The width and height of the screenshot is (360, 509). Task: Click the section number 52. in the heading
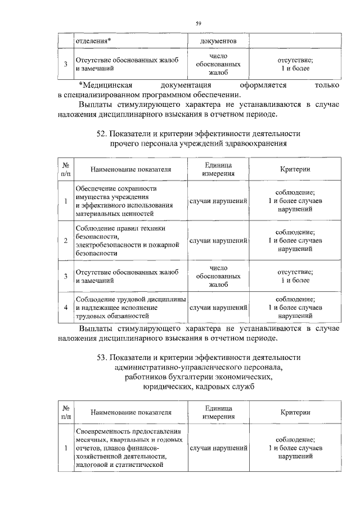[102, 134]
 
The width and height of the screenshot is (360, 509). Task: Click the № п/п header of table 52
[66, 169]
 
